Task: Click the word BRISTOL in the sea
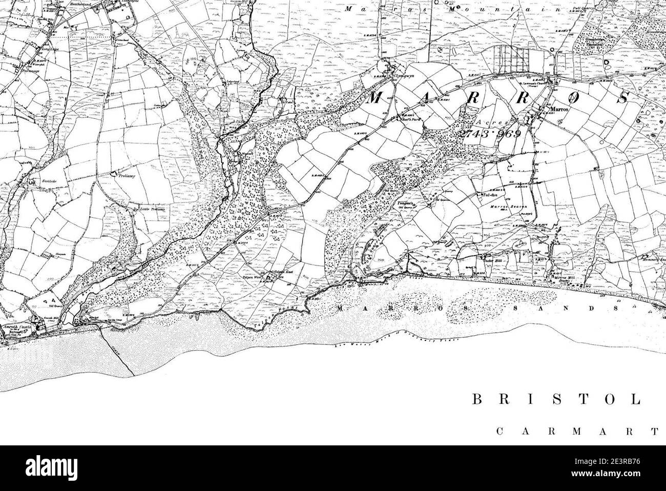coord(556,400)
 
